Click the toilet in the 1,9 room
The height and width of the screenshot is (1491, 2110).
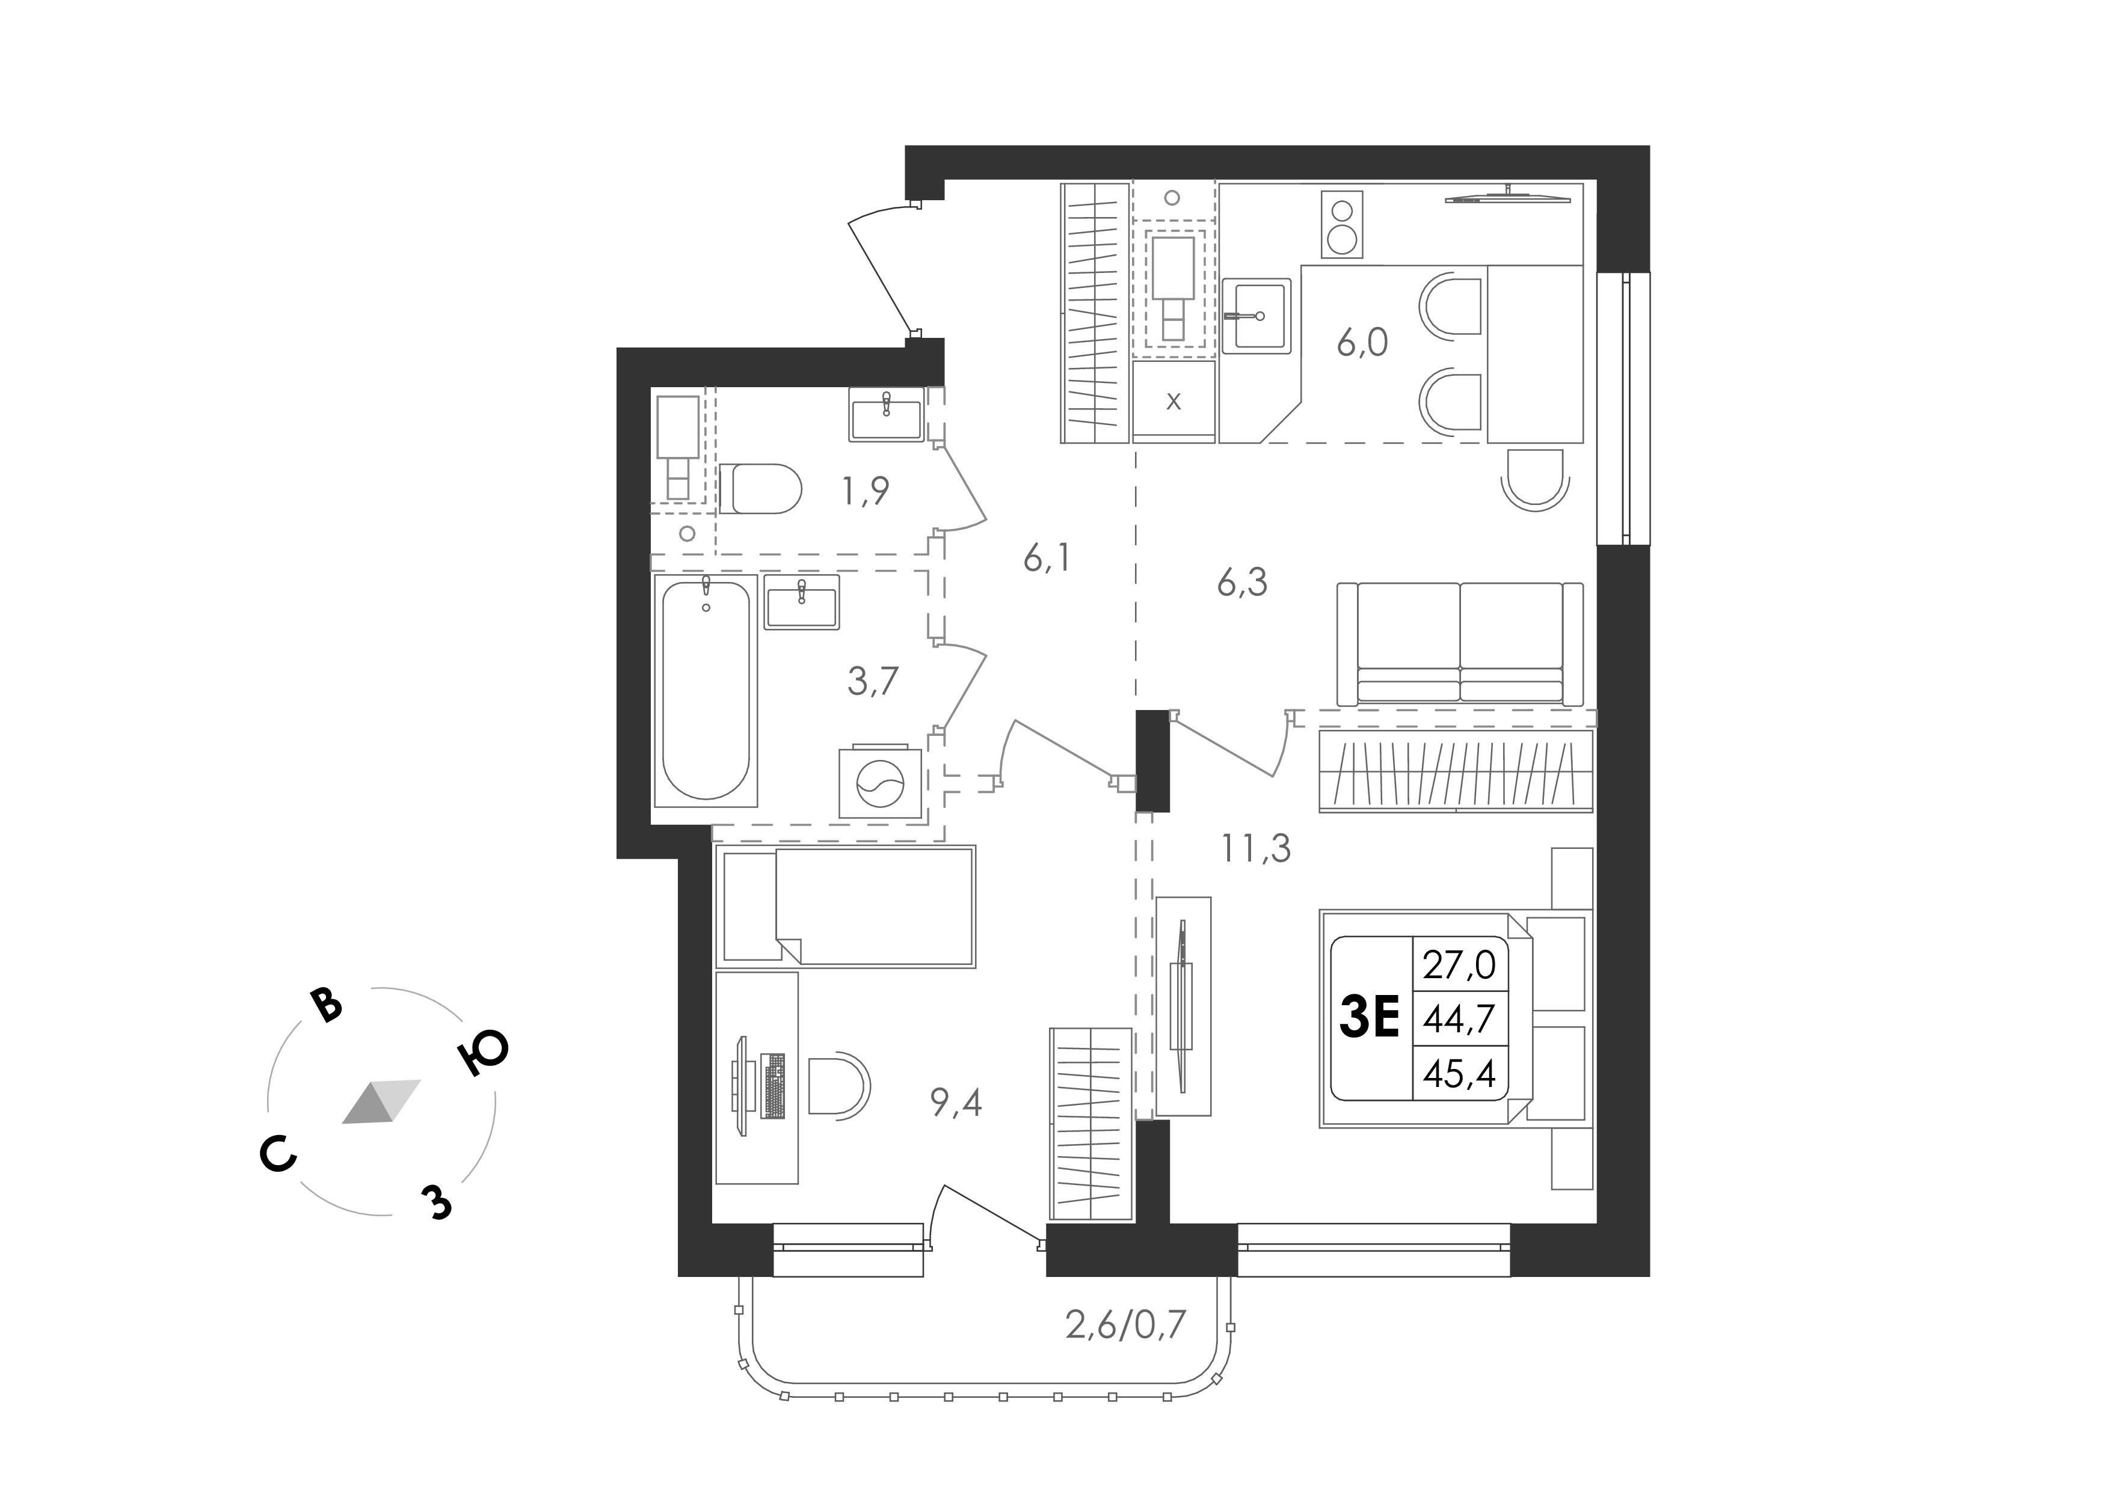(760, 488)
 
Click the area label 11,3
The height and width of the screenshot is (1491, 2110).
(1256, 850)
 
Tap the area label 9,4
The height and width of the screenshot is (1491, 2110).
(956, 1103)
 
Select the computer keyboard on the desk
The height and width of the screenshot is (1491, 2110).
(774, 1086)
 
